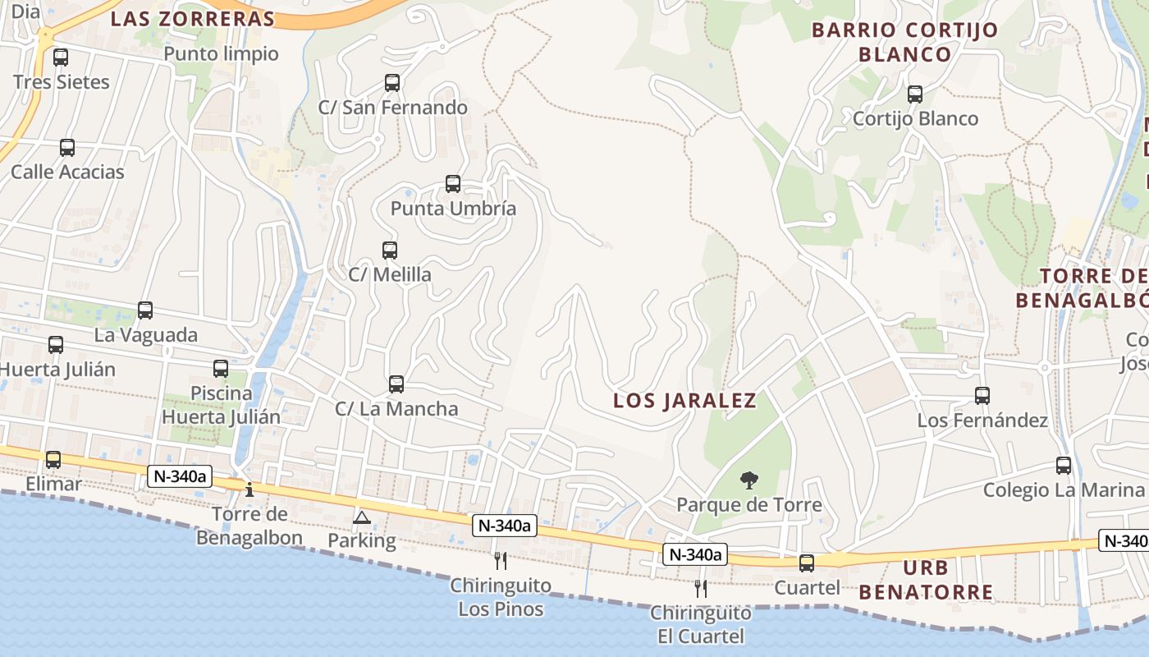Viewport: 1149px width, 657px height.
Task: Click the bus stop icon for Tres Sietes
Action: coord(61,57)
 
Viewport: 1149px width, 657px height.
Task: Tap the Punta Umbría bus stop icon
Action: coord(453,184)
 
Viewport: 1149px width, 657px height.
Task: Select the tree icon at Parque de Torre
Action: coord(748,480)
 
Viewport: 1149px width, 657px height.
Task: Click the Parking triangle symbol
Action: coord(361,517)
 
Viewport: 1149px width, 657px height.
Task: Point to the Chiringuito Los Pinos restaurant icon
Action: coord(501,561)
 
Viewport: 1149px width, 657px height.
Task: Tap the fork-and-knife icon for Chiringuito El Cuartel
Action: coord(701,588)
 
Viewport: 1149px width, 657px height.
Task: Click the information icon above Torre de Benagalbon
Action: coord(249,489)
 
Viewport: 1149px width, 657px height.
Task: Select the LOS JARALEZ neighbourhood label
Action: coord(685,401)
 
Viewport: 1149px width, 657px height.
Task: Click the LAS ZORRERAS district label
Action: coord(193,19)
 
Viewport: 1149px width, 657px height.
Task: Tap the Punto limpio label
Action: coord(222,54)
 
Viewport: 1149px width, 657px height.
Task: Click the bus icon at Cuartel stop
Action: coord(807,563)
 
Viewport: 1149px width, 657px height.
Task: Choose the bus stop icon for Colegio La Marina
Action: coord(1064,466)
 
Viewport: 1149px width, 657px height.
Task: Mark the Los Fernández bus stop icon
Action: coord(982,396)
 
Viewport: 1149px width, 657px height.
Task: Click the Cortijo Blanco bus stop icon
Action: coord(915,94)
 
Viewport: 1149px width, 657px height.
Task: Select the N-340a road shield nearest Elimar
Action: coord(179,475)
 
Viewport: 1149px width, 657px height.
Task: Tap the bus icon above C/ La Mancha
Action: coord(396,384)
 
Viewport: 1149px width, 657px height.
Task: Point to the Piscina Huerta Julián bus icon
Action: coord(221,369)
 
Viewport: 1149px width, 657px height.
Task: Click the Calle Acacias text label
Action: coord(67,172)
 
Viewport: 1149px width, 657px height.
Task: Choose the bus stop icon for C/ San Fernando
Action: coord(392,83)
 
